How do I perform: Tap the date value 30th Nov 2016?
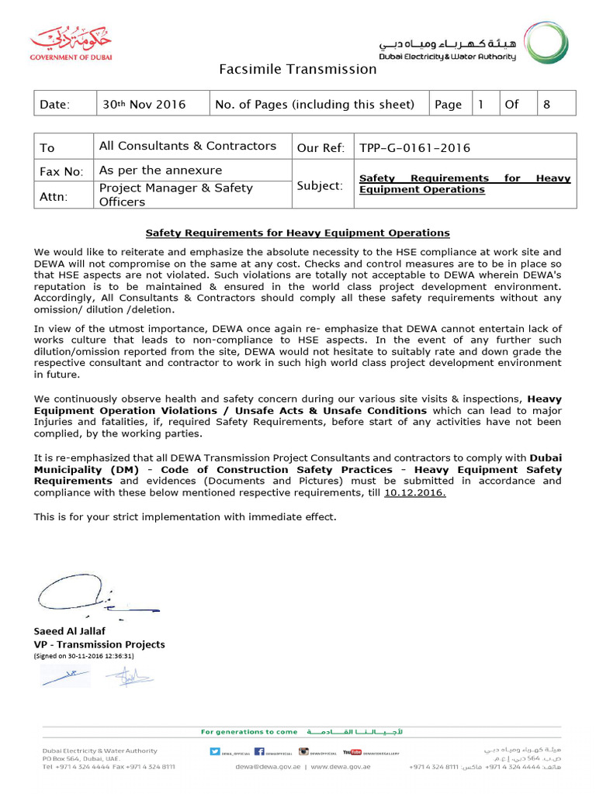pos(144,104)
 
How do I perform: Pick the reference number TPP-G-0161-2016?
pos(415,148)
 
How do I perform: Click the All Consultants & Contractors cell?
pos(187,146)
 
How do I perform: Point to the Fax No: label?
pos(61,171)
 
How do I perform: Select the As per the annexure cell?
pos(161,170)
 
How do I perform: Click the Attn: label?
pos(53,197)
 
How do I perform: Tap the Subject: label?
pos(320,185)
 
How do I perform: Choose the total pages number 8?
pos(546,104)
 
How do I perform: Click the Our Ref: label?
pos(321,148)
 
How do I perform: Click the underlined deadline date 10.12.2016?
pos(415,492)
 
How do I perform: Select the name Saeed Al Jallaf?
pos(69,631)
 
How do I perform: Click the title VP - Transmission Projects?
pos(99,644)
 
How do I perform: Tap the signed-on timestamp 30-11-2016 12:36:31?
pos(84,656)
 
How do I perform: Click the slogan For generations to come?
pos(248,731)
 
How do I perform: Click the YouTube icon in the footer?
pos(352,751)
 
